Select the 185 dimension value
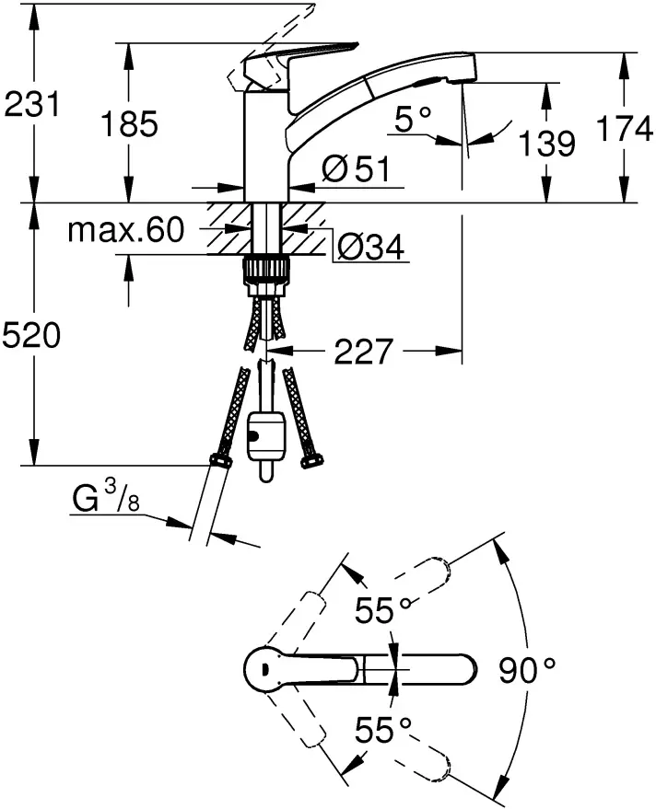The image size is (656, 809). click(x=129, y=122)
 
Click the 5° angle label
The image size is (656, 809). click(x=411, y=117)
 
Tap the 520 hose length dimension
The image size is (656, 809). click(x=32, y=337)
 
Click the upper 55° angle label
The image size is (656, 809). click(x=385, y=609)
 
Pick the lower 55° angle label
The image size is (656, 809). click(x=384, y=730)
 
